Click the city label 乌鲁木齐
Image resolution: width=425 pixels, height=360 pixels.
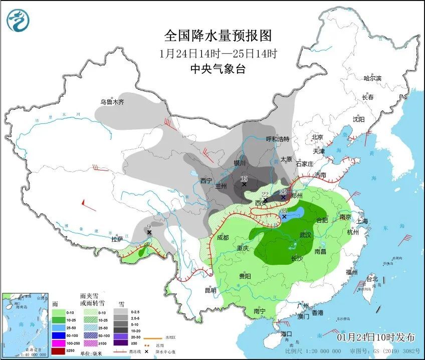coord(111,102)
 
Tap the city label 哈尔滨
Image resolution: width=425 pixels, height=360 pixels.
coord(372,78)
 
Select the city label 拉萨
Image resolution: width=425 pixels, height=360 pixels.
coord(117,239)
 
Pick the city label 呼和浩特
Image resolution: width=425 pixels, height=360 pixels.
coord(278,139)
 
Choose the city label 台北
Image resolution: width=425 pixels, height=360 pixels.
coord(372,278)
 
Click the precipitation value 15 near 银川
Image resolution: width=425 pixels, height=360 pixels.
coord(244,179)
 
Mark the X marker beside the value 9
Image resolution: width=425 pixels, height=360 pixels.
coord(149,232)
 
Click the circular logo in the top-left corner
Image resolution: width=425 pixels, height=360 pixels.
coord(18,21)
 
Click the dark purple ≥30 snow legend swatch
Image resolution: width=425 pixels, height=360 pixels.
coord(121,343)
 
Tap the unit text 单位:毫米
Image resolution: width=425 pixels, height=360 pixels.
coord(92,352)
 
